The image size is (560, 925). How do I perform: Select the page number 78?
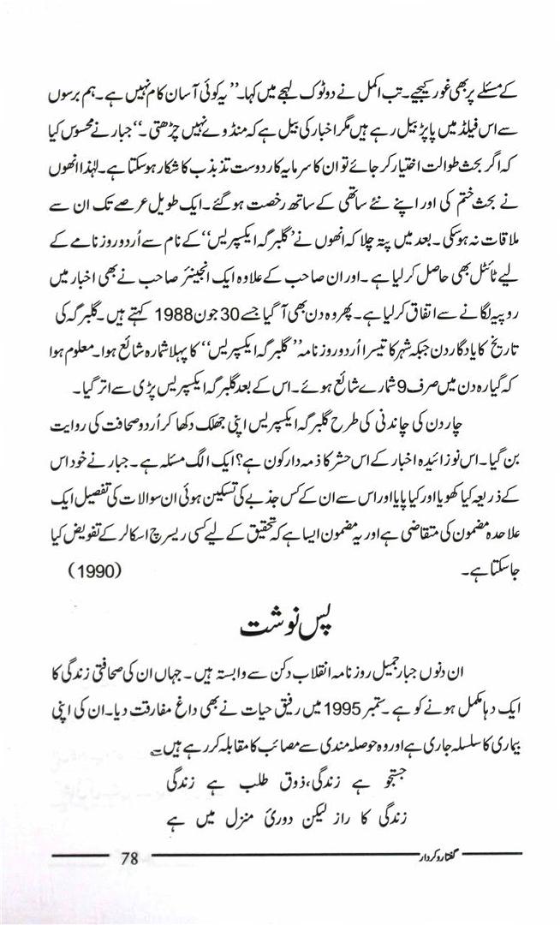pyautogui.click(x=130, y=857)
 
